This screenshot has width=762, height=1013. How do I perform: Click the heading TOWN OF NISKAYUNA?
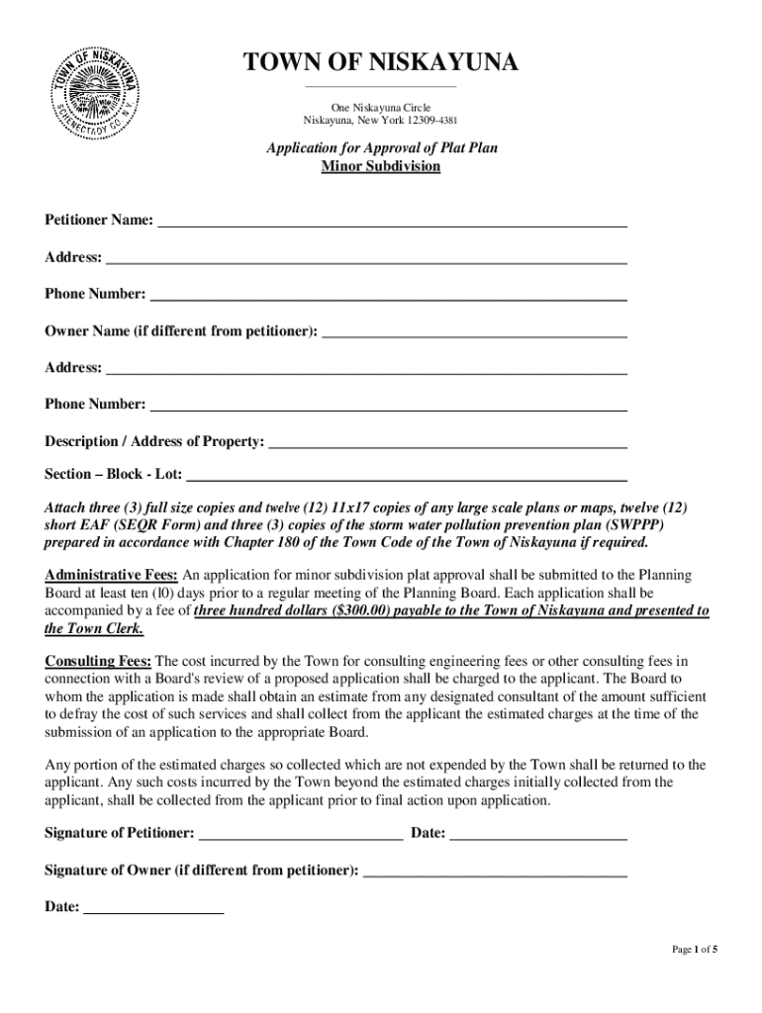[381, 64]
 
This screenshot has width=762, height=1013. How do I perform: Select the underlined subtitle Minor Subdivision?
[381, 166]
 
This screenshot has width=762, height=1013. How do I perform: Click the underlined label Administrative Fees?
[112, 575]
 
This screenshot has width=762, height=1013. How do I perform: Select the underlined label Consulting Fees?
[99, 660]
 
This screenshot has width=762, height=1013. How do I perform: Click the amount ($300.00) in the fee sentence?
[356, 610]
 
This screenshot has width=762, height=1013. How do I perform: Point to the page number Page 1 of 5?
[695, 950]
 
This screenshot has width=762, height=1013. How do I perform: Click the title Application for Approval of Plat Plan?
[381, 148]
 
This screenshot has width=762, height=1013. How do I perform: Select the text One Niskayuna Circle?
[381, 107]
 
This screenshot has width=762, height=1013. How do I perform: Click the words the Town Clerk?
[95, 628]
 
